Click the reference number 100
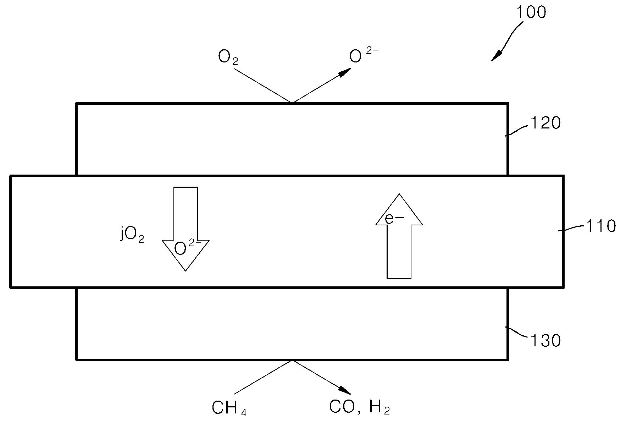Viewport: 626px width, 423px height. [530, 12]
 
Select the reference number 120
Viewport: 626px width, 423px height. [545, 123]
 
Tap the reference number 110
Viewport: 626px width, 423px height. [600, 226]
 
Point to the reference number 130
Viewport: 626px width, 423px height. [545, 341]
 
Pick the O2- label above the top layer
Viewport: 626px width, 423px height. [364, 55]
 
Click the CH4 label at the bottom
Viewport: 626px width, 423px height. [229, 408]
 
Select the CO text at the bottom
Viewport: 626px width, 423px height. [342, 407]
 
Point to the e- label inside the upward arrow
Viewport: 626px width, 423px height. [394, 219]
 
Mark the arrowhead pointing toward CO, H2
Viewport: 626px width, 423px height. [345, 391]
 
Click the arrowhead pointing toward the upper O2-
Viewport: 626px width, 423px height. [344, 72]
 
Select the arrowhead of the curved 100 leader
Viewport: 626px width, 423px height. [497, 56]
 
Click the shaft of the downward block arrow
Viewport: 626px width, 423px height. [185, 213]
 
